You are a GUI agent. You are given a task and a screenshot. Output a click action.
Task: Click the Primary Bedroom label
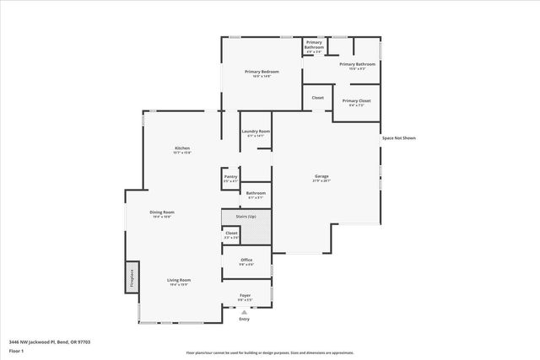[x=262, y=72]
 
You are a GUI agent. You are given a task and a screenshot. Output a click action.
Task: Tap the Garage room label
[x=321, y=176]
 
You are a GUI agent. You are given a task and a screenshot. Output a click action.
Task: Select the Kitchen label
[x=182, y=148]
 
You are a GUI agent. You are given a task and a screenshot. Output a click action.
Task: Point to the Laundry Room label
[x=255, y=132]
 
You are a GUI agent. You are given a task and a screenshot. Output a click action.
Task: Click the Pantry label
[x=230, y=176]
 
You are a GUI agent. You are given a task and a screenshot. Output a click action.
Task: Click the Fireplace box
[x=132, y=277]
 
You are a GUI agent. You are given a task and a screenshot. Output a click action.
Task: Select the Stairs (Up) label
[x=246, y=217]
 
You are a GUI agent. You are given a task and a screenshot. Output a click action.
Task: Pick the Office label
[x=246, y=260]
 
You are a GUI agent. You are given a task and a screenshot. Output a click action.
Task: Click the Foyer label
[x=245, y=295]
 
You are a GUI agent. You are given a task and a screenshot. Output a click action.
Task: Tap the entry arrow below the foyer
[x=245, y=312]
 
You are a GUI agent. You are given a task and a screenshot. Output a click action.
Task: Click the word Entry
[x=245, y=319]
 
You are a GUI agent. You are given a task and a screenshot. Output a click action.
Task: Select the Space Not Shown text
[x=398, y=137]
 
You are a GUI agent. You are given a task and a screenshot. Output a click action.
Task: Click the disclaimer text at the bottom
[x=268, y=352]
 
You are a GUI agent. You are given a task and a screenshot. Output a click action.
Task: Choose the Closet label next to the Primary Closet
[x=317, y=98]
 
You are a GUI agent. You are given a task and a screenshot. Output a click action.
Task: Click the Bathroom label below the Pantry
[x=256, y=193]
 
